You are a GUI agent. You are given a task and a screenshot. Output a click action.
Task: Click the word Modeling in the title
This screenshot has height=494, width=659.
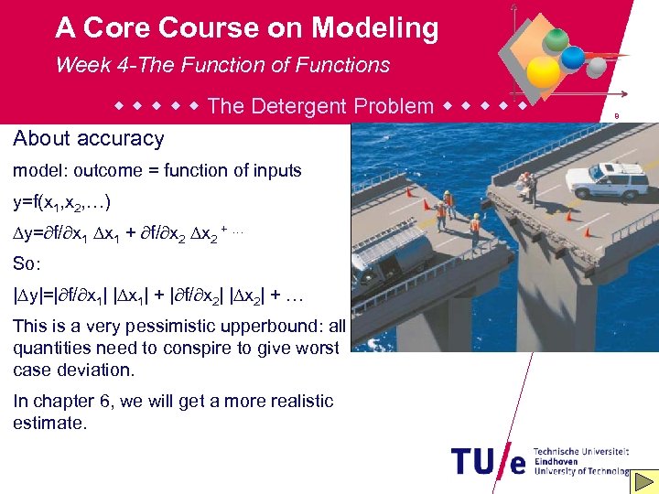pos(374,28)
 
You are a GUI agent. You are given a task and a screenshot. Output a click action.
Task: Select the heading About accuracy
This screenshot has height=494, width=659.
pos(89,139)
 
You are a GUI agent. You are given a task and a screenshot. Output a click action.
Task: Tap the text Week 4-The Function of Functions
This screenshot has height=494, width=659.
pos(222,65)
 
